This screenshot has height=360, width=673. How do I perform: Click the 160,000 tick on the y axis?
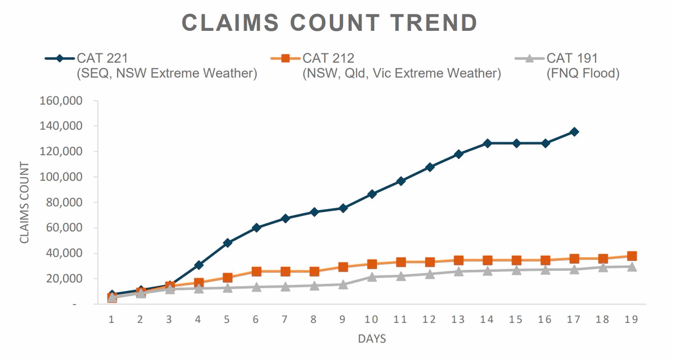(x=62, y=101)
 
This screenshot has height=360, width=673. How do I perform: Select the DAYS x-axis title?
(x=372, y=339)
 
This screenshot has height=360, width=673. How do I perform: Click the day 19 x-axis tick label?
(x=631, y=319)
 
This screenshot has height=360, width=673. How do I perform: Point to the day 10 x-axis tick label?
(x=371, y=319)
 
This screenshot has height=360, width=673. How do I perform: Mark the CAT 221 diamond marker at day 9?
(x=343, y=208)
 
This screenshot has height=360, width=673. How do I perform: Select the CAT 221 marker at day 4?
(x=199, y=265)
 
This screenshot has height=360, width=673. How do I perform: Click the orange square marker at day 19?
(x=631, y=256)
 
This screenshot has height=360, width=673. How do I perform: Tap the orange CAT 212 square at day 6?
(x=256, y=271)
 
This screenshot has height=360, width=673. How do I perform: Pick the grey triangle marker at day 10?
(x=371, y=276)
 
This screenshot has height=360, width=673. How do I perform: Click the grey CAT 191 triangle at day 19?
(x=631, y=267)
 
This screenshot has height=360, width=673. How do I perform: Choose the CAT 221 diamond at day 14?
(x=487, y=144)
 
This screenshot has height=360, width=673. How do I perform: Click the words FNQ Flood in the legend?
(x=583, y=73)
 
